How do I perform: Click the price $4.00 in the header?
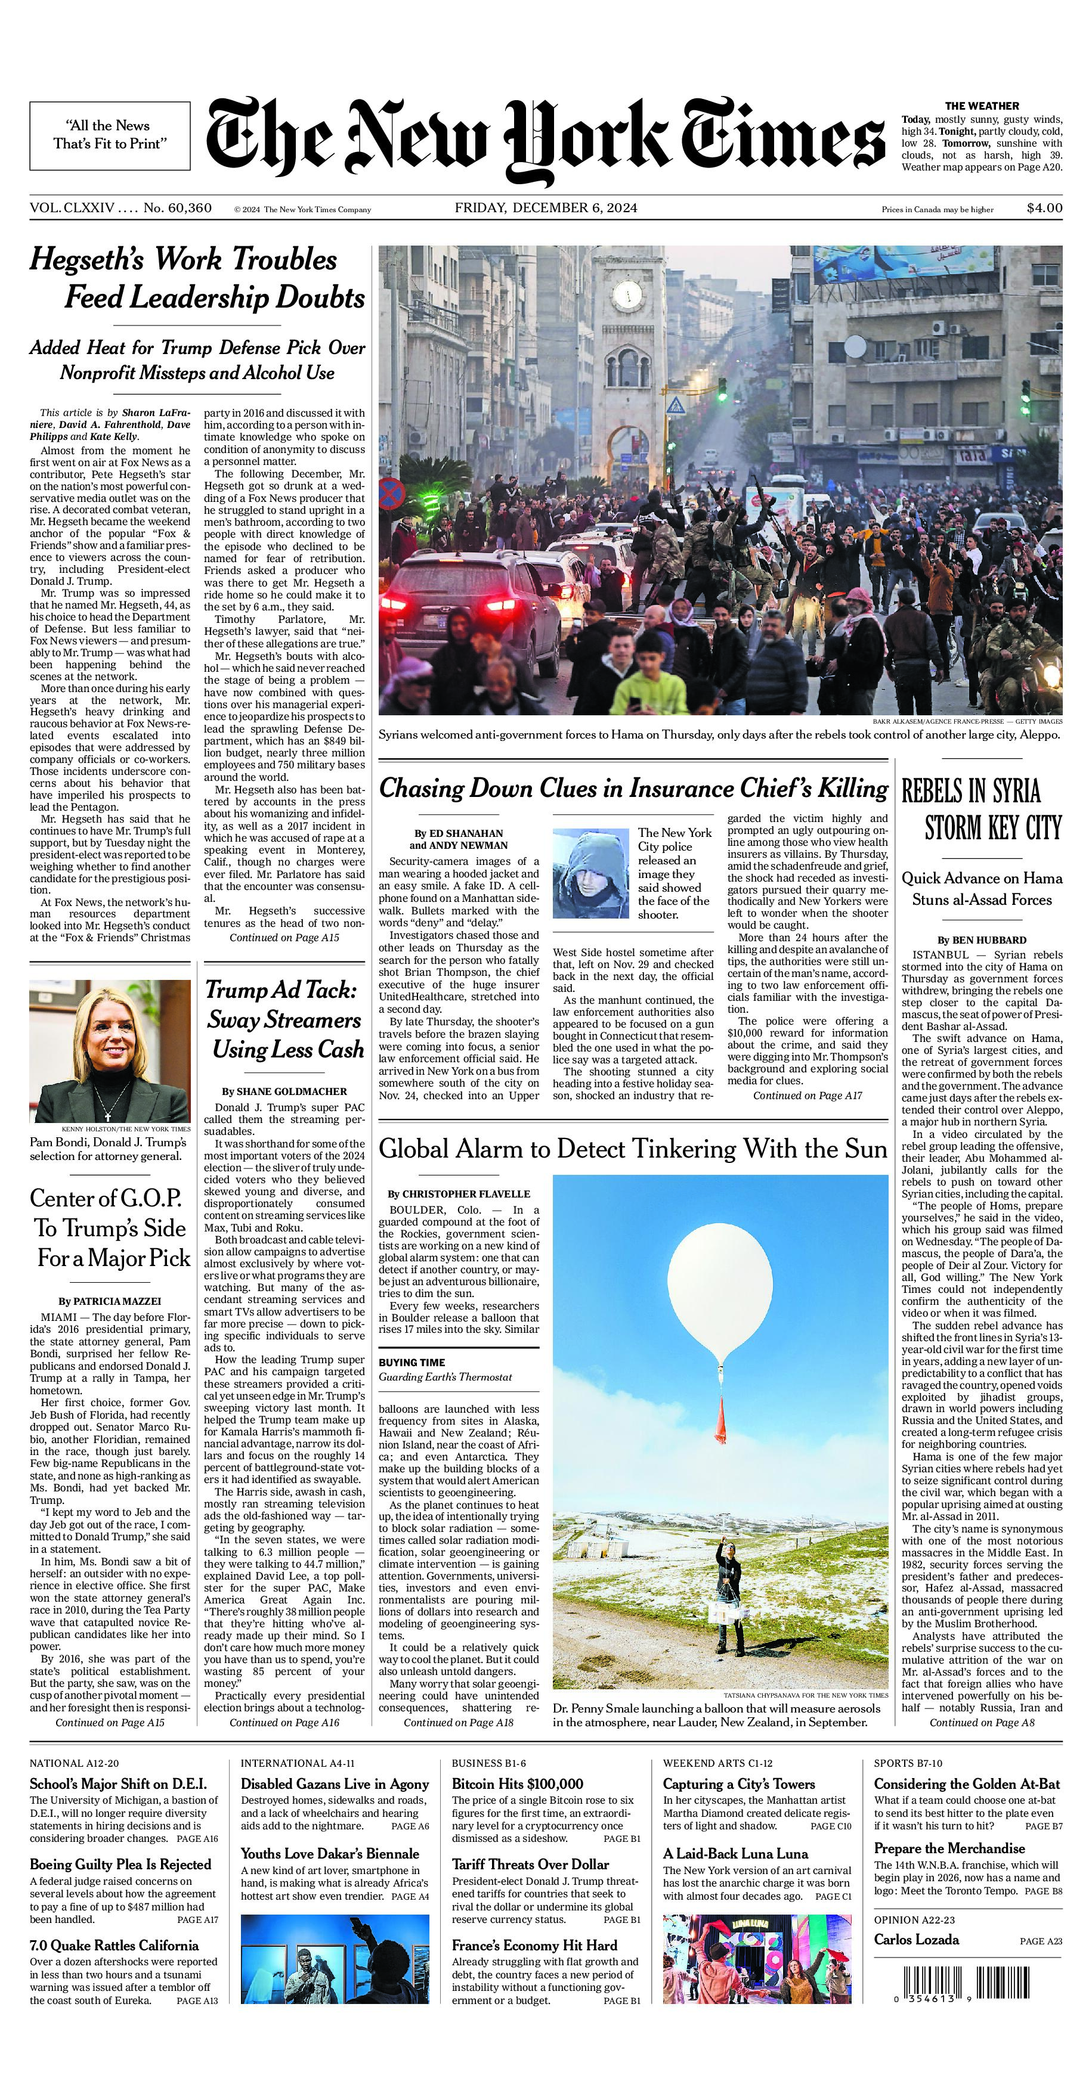pyautogui.click(x=1044, y=208)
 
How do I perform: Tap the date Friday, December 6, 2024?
pyautogui.click(x=546, y=208)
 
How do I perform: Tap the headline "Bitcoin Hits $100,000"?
pyautogui.click(x=517, y=1784)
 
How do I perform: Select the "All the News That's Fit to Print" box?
pyautogui.click(x=110, y=135)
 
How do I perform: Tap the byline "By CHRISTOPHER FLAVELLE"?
pyautogui.click(x=459, y=1194)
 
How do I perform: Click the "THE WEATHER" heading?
pyautogui.click(x=982, y=106)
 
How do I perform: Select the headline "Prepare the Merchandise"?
pyautogui.click(x=949, y=1848)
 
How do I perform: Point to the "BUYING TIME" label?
pyautogui.click(x=412, y=1363)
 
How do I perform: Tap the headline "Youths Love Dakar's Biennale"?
pyautogui.click(x=329, y=1854)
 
